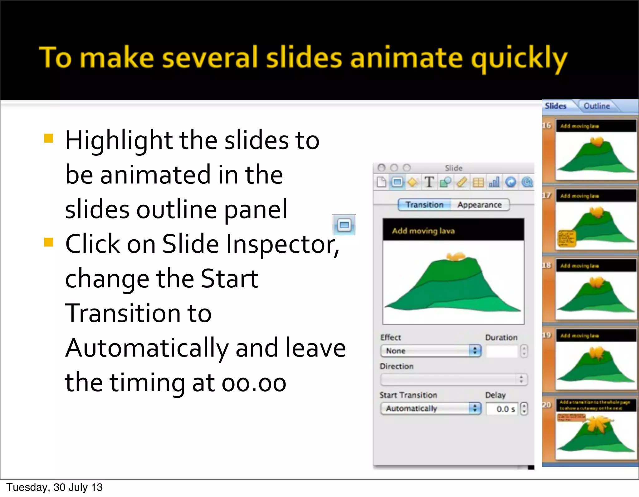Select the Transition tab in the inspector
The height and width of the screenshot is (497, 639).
point(424,205)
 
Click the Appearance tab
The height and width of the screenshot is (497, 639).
point(480,205)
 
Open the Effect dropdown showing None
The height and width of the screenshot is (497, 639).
point(431,351)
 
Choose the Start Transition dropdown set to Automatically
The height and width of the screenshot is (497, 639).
point(431,408)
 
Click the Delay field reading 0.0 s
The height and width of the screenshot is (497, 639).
point(502,409)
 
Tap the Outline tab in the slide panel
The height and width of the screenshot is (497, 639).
point(597,106)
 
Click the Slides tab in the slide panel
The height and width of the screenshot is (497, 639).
point(555,106)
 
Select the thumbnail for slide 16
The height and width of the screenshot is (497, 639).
point(596,150)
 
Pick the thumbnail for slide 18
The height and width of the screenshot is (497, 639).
point(596,290)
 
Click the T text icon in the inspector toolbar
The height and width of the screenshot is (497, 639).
point(429,182)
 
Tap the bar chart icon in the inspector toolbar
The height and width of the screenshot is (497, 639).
point(494,182)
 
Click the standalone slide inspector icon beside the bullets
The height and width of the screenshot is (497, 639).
point(344,225)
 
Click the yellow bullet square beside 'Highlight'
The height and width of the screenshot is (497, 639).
point(49,138)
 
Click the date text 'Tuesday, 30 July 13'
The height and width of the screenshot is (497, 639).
point(55,487)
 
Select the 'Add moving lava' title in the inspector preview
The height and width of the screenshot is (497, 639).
point(423,231)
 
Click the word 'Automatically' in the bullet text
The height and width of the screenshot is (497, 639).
point(147,348)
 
